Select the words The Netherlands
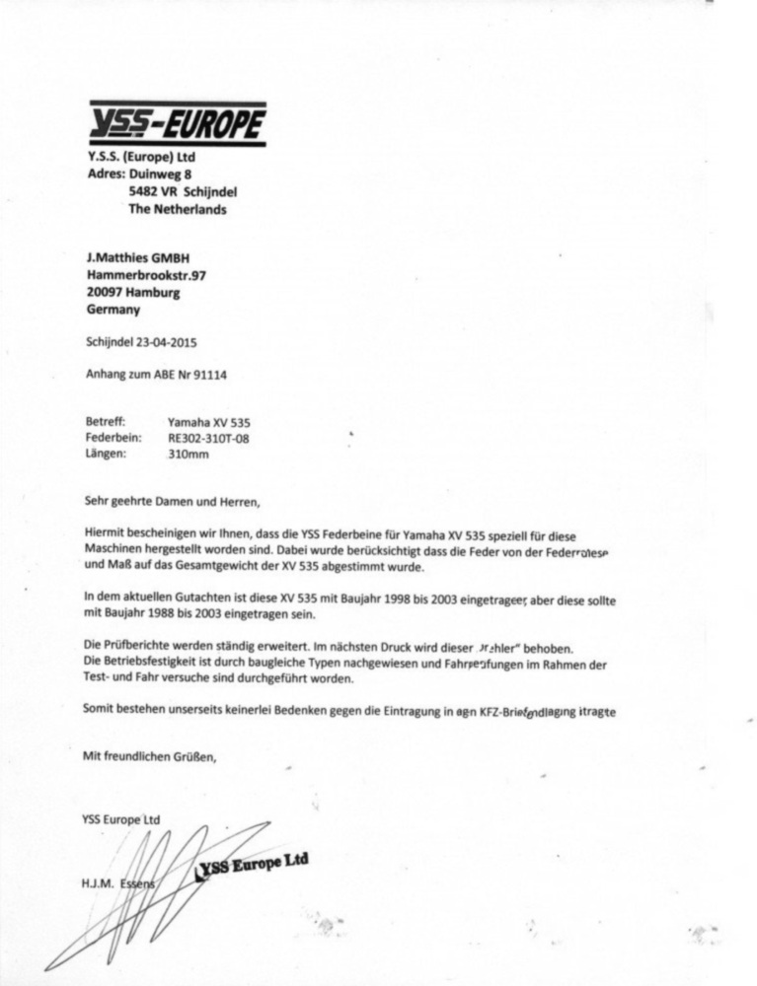coord(177,210)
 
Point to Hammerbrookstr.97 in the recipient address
coord(146,275)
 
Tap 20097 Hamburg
coord(133,293)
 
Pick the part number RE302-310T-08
coord(208,438)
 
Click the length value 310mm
coord(189,456)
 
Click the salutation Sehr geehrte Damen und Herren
coord(172,501)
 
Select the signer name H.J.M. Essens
coord(119,883)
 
